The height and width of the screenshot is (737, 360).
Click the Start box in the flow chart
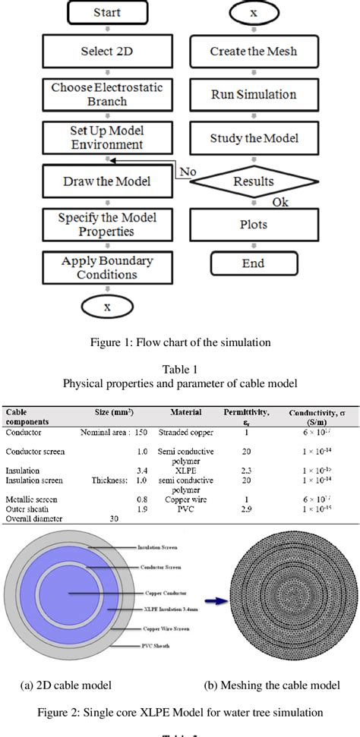pyautogui.click(x=107, y=13)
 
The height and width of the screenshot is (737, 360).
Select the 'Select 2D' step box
pyautogui.click(x=107, y=52)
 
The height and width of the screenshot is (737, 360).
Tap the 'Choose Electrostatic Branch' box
pyautogui.click(x=107, y=95)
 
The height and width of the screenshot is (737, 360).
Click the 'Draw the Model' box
pyautogui.click(x=107, y=182)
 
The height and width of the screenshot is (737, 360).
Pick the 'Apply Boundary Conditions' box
pyautogui.click(x=107, y=267)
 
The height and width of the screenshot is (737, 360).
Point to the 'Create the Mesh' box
pyautogui.click(x=253, y=52)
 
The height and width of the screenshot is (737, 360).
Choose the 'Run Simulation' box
pyautogui.click(x=253, y=96)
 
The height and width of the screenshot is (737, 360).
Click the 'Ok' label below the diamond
pyautogui.click(x=281, y=203)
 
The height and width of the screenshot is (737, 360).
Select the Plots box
pyautogui.click(x=253, y=225)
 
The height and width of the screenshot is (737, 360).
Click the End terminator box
pyautogui.click(x=253, y=263)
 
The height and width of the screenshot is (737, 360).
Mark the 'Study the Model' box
pyautogui.click(x=253, y=139)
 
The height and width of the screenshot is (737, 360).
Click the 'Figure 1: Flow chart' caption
pyautogui.click(x=179, y=341)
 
